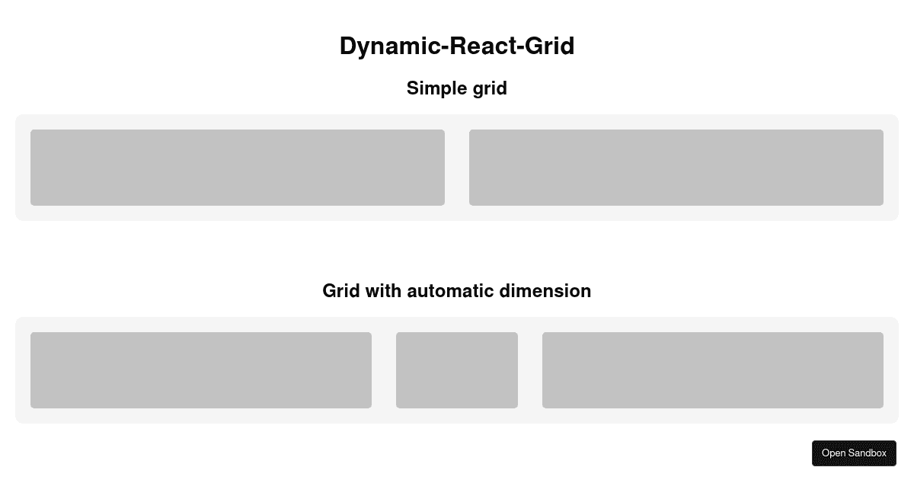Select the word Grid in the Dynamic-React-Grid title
click(551, 46)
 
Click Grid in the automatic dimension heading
click(342, 291)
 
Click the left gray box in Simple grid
click(238, 168)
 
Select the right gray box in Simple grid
click(676, 168)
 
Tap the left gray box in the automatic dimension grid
click(201, 370)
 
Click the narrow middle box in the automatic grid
click(457, 370)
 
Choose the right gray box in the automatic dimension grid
click(713, 370)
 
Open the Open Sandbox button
click(854, 453)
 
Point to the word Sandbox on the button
click(868, 453)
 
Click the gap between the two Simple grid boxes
click(457, 168)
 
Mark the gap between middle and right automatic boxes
click(530, 370)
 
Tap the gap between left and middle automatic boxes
click(384, 370)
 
